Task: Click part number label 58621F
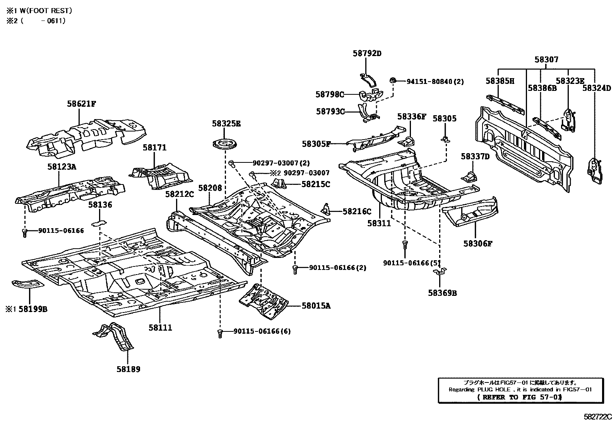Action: pos(81,104)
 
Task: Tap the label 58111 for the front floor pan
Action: pos(160,328)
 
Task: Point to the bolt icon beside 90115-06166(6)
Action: pos(221,333)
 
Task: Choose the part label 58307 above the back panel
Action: pos(546,60)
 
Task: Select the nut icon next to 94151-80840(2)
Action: pos(393,80)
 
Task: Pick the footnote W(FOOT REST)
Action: pos(43,11)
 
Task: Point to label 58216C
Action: pos(357,212)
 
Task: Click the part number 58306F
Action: pos(478,243)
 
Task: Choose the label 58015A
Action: pos(316,306)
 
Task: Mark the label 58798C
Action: pos(330,94)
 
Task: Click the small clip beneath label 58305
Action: pos(445,139)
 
